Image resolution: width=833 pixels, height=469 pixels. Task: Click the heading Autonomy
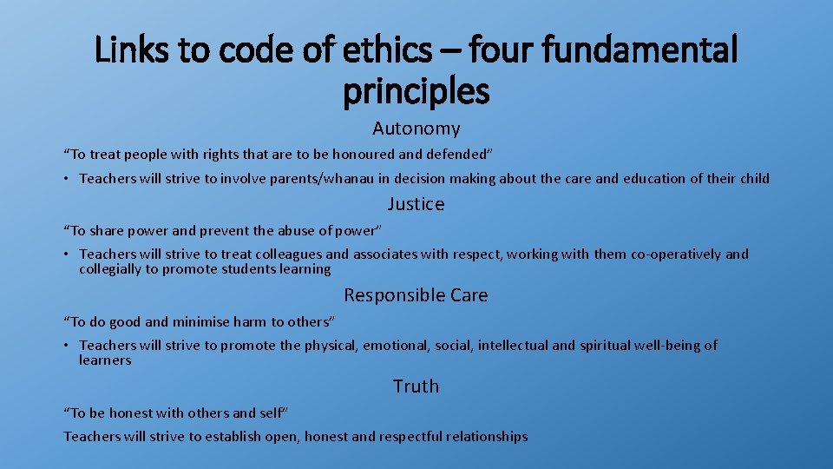click(x=416, y=129)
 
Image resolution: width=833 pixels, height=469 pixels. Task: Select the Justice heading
click(x=416, y=205)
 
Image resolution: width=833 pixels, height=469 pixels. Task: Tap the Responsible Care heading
click(x=416, y=295)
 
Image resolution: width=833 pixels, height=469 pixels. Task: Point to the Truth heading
click(x=416, y=386)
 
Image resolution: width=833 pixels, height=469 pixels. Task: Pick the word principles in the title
click(x=416, y=89)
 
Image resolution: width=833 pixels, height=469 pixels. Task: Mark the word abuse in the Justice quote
click(x=300, y=230)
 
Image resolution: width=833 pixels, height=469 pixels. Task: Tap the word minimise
click(x=201, y=321)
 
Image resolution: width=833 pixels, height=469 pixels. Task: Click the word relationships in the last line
click(x=487, y=437)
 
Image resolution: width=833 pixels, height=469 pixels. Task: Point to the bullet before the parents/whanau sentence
click(x=67, y=179)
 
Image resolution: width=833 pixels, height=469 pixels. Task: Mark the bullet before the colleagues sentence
click(x=67, y=254)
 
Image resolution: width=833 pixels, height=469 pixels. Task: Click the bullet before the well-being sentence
click(x=67, y=346)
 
